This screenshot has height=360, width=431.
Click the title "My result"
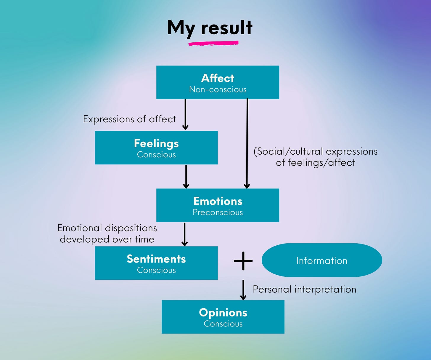[x=210, y=28]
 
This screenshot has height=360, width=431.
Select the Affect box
[x=218, y=82]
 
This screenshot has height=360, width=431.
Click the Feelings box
[x=156, y=148]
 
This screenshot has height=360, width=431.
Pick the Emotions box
[x=218, y=205]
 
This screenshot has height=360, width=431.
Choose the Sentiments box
[x=156, y=263]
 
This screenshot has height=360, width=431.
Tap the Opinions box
[x=223, y=317]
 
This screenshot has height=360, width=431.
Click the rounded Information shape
[x=322, y=260]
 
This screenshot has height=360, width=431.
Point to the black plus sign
[x=243, y=261]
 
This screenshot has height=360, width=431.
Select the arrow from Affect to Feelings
[x=185, y=114]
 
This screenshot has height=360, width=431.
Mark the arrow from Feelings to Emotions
[x=186, y=177]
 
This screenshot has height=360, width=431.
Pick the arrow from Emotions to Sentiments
[x=184, y=234]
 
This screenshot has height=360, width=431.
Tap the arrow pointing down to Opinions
[x=243, y=290]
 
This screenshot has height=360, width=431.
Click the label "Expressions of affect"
[x=129, y=119]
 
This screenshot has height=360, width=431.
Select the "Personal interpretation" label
[x=304, y=289]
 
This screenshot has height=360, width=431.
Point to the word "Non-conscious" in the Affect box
[x=218, y=89]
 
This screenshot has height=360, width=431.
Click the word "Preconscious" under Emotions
[x=218, y=212]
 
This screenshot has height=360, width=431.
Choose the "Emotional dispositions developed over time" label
[x=107, y=233]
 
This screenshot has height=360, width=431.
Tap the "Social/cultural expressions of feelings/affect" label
[x=316, y=157]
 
